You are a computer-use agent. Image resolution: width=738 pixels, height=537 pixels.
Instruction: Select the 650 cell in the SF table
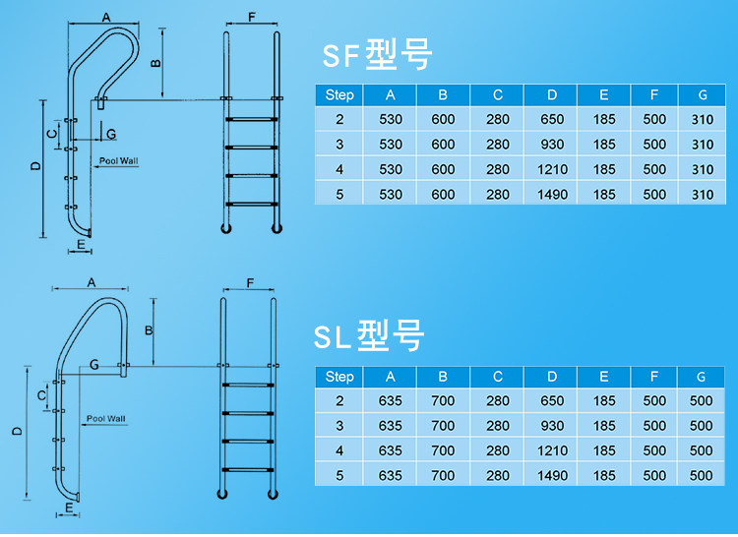click(552, 120)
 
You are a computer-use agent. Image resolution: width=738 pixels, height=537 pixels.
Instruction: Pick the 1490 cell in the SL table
click(552, 476)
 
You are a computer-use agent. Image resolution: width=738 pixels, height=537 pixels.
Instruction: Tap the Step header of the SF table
click(338, 95)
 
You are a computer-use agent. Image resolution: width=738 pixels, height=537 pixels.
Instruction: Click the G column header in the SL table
click(702, 377)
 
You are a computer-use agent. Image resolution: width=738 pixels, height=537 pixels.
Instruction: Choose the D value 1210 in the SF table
click(552, 170)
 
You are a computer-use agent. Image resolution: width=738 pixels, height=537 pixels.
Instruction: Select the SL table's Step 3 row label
click(338, 426)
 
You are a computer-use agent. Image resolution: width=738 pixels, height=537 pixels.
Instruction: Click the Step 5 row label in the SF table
click(338, 195)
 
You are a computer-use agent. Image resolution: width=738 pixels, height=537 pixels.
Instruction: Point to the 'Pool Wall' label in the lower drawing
click(105, 418)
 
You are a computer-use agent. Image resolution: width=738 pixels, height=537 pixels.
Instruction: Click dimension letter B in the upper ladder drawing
click(154, 64)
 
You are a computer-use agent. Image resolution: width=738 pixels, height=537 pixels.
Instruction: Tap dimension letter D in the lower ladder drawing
click(17, 430)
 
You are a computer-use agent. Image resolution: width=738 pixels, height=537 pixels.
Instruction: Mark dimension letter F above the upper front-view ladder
click(252, 19)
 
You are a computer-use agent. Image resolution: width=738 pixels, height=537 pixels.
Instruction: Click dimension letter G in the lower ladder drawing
click(93, 365)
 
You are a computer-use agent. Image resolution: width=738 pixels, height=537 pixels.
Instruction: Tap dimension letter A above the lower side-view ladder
click(91, 282)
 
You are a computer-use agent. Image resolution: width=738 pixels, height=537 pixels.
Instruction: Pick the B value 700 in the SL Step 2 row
click(443, 401)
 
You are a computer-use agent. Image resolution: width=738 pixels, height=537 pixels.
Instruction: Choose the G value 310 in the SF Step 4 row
click(702, 170)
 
